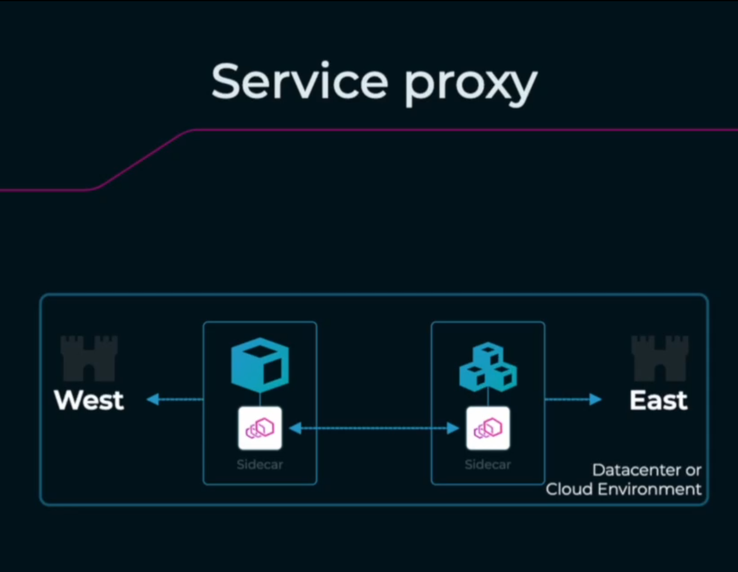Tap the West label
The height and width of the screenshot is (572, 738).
(x=89, y=400)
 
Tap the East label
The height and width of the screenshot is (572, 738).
(x=658, y=400)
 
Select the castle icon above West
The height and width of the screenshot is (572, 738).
(x=89, y=358)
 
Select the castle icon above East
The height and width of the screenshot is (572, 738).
(x=659, y=358)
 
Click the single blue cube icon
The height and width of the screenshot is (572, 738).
(x=260, y=365)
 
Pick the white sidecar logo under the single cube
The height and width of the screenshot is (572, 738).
(x=260, y=428)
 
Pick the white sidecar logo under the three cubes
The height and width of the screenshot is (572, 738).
(x=488, y=428)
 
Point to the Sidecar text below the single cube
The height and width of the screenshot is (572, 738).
(x=260, y=464)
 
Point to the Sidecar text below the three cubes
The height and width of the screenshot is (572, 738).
(x=488, y=464)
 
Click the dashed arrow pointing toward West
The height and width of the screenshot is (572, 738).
(x=174, y=399)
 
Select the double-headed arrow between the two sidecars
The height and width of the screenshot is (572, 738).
(x=374, y=428)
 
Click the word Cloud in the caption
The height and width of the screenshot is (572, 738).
(x=567, y=488)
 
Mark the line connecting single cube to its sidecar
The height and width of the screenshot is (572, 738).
(x=260, y=399)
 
